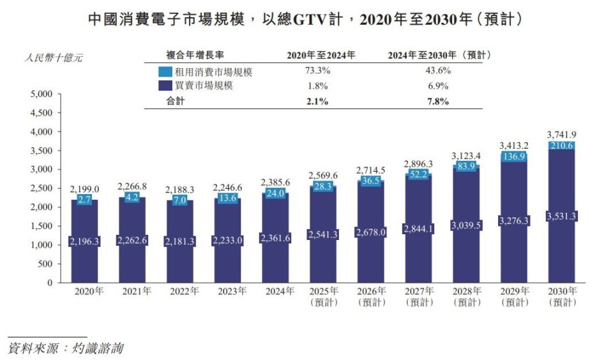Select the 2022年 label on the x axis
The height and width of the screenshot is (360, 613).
tap(184, 291)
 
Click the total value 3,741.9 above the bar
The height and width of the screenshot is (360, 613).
tap(563, 134)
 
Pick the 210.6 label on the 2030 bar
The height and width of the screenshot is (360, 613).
tap(563, 146)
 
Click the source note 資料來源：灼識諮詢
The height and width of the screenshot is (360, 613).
tap(65, 349)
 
